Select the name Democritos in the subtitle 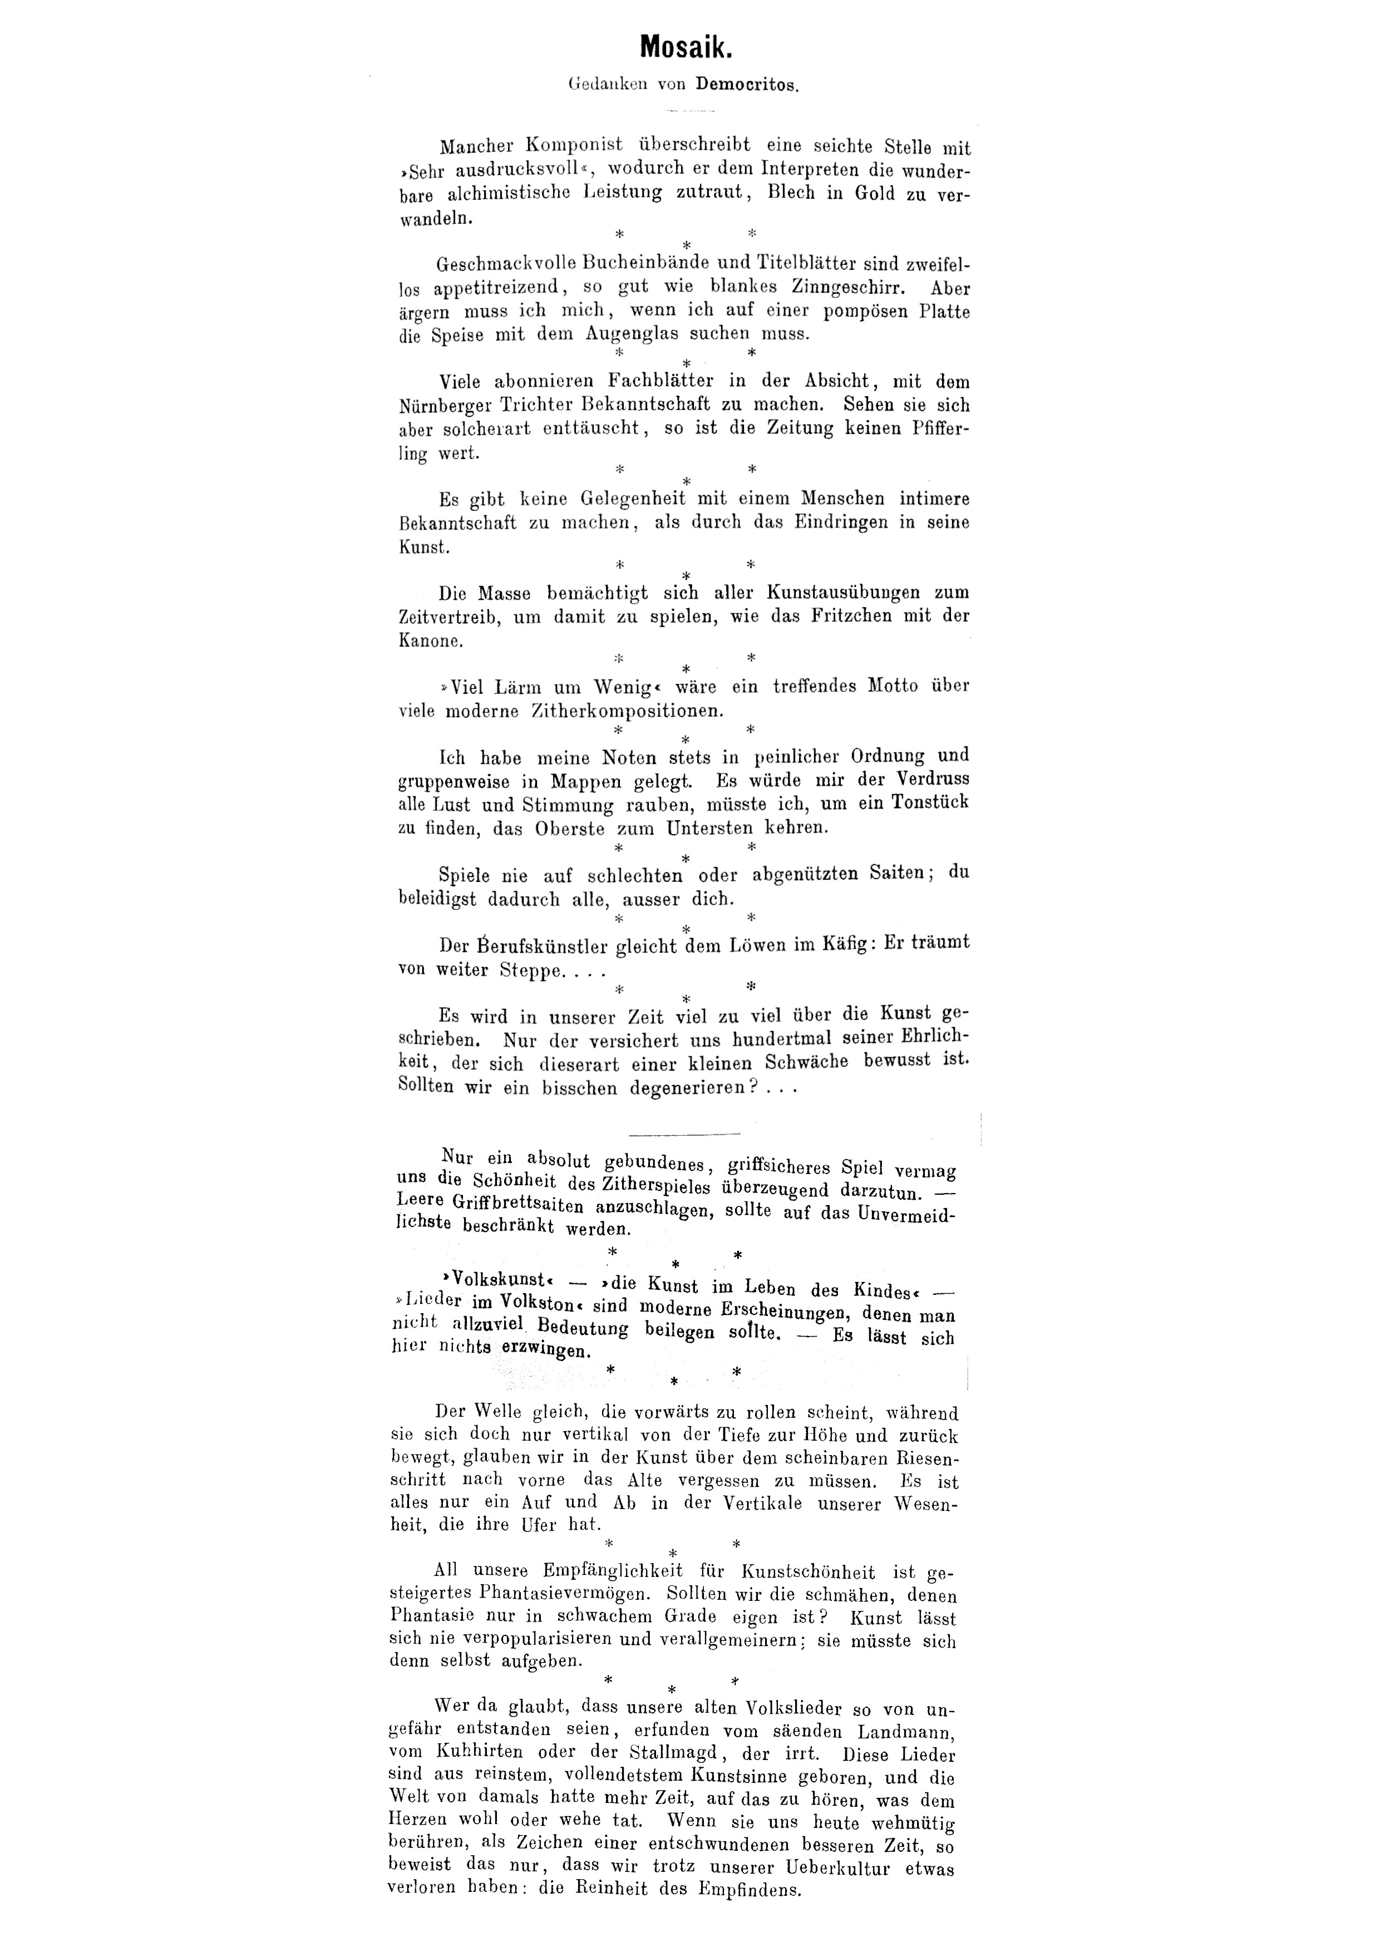(747, 85)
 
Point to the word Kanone (430, 640)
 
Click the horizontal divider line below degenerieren (684, 1133)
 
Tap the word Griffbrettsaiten (519, 1206)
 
